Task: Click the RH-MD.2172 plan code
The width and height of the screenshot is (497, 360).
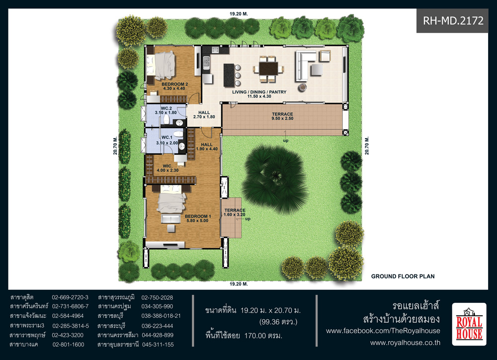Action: (453, 20)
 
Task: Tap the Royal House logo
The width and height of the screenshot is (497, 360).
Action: (469, 324)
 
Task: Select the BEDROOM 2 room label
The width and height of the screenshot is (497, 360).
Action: (174, 87)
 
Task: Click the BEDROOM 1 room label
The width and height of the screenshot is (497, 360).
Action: (198, 219)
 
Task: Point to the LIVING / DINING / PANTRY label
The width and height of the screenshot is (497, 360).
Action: (259, 94)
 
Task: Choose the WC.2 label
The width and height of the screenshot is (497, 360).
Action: (166, 110)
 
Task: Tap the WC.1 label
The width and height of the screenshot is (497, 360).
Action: (167, 140)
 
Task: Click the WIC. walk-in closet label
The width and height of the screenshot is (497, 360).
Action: (167, 168)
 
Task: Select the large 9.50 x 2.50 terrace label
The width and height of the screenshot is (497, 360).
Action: (282, 116)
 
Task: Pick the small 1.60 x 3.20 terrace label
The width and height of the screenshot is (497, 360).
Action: (235, 212)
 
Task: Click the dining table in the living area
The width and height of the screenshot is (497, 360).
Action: (268, 69)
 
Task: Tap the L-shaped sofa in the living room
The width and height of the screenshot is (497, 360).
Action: (306, 65)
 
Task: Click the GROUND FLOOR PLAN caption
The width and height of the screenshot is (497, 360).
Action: (403, 276)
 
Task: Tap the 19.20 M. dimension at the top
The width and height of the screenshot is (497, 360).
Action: (239, 14)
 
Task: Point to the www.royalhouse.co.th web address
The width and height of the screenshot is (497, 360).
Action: (405, 343)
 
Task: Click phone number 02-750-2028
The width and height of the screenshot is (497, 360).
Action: (157, 297)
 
